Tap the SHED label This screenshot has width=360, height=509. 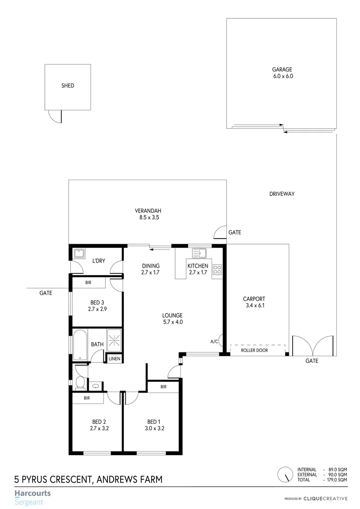68,86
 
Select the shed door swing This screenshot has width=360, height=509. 54,116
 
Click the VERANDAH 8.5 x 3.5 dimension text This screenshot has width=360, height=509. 147,218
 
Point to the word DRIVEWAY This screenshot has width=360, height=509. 282,194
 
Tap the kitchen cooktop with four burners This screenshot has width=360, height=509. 217,270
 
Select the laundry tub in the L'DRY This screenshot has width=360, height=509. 79,253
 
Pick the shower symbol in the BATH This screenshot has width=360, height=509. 114,337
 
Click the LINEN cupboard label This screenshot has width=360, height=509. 114,359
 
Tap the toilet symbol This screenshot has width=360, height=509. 80,382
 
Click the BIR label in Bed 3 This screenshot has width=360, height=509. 88,283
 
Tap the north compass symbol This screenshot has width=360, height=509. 285,474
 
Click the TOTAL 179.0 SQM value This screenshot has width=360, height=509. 338,479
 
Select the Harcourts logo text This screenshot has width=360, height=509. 33,493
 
